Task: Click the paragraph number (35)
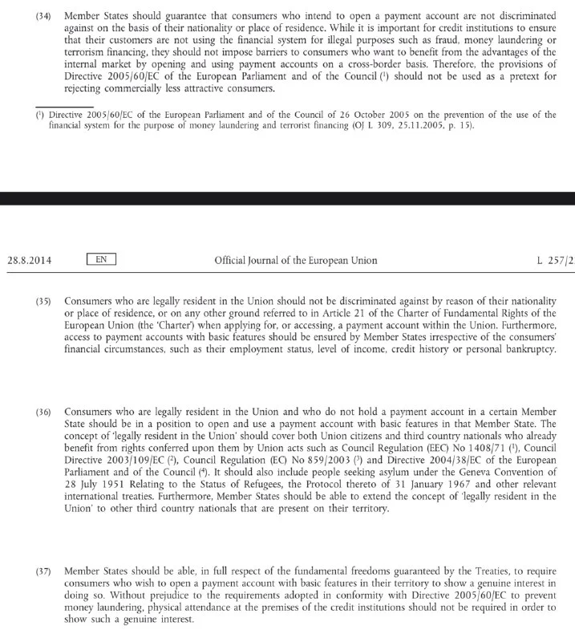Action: pyautogui.click(x=44, y=300)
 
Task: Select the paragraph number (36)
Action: pyautogui.click(x=44, y=411)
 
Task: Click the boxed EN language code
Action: pyautogui.click(x=101, y=259)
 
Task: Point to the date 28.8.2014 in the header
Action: pyautogui.click(x=30, y=260)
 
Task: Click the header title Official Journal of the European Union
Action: pyautogui.click(x=295, y=260)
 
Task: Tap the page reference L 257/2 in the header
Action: pyautogui.click(x=555, y=260)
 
